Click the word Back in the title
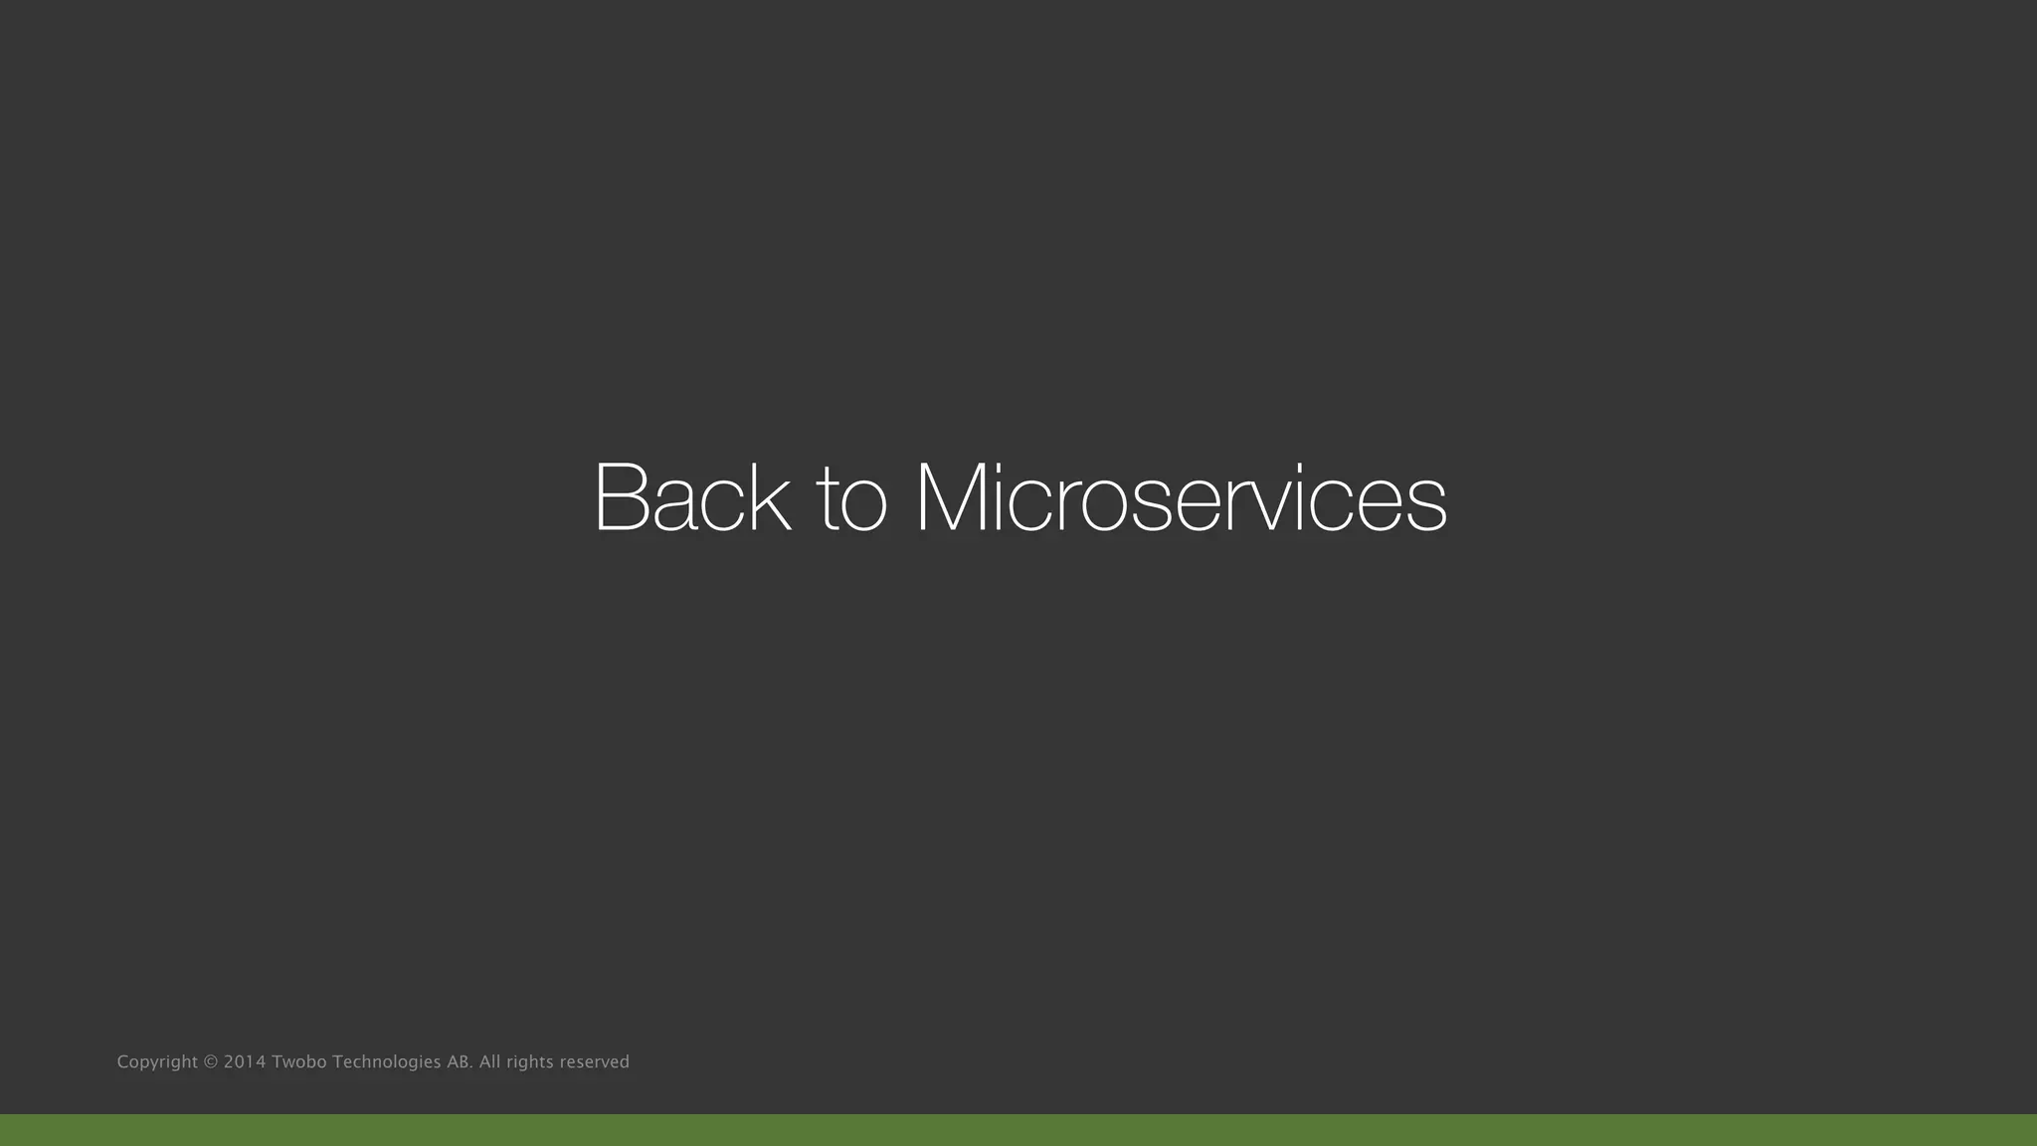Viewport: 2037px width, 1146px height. (691, 497)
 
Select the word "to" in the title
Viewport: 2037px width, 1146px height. (851, 499)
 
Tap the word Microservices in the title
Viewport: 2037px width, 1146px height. (1181, 497)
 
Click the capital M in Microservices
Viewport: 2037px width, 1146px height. (956, 497)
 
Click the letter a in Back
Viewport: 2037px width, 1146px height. (676, 505)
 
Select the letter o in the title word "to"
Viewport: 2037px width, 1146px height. (863, 505)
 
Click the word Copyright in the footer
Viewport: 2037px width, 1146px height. (157, 1062)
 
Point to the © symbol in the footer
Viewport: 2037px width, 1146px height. (210, 1062)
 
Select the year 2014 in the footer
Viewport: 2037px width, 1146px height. (245, 1062)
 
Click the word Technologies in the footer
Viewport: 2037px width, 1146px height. (386, 1062)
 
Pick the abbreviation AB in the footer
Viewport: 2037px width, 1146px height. (459, 1062)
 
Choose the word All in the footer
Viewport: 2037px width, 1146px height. (489, 1062)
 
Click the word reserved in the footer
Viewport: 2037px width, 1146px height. (594, 1062)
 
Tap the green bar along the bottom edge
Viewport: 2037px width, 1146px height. (1018, 1130)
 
